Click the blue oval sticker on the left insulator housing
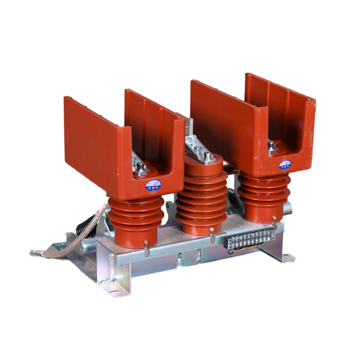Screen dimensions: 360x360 click(153, 185)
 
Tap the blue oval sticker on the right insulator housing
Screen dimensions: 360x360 click(284, 164)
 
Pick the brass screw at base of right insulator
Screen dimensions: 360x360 click(274, 218)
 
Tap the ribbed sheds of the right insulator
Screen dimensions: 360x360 click(264, 193)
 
